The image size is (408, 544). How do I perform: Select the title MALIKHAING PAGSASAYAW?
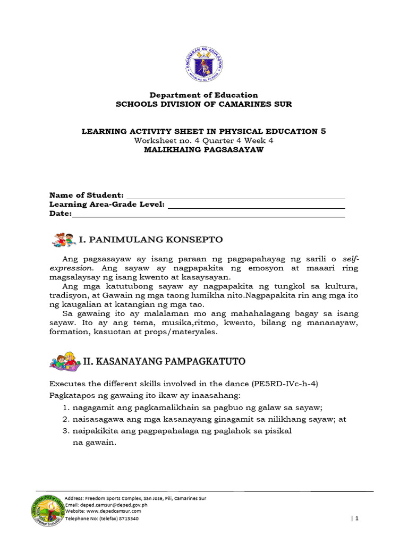coord(204,149)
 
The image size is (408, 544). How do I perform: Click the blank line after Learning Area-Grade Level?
coord(256,205)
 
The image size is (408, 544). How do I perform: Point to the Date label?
coord(60,213)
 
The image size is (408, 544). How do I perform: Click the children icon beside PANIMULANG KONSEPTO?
coord(63,240)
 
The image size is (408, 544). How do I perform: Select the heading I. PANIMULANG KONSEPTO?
coord(151,240)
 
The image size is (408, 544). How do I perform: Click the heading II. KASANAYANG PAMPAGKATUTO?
coord(164,362)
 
